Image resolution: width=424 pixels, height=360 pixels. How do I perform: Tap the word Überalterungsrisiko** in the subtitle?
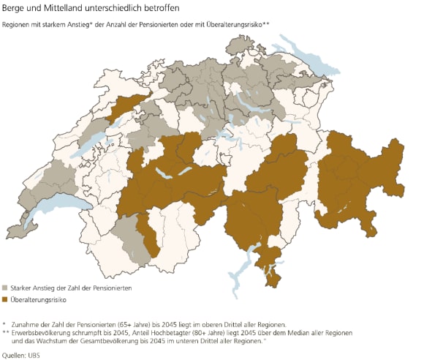pyautogui.click(x=238, y=25)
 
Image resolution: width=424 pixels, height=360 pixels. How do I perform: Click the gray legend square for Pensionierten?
pyautogui.click(x=6, y=289)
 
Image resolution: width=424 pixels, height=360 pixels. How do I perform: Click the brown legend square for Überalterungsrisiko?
pyautogui.click(x=6, y=300)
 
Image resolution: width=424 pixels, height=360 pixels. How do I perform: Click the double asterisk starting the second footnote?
pyautogui.click(x=6, y=332)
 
